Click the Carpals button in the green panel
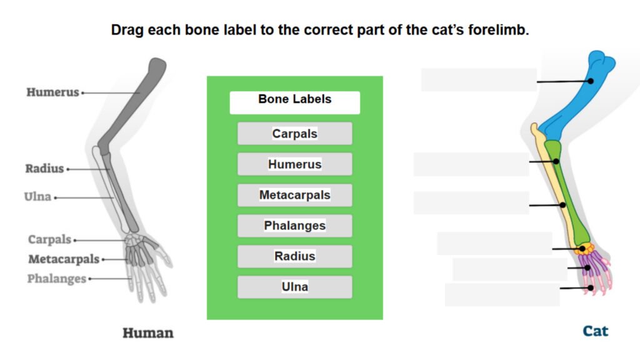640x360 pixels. (294, 134)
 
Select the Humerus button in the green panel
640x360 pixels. (294, 164)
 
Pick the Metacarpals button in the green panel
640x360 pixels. (294, 195)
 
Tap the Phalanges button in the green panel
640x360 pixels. (294, 226)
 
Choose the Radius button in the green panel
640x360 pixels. (294, 256)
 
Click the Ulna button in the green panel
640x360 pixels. (294, 287)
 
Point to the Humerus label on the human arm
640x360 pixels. (52, 92)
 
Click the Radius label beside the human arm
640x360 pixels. (44, 169)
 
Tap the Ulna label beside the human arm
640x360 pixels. (37, 197)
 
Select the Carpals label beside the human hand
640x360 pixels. (49, 240)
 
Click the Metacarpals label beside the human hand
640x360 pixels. (63, 259)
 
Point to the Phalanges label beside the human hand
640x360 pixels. (56, 279)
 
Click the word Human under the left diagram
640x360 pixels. (147, 332)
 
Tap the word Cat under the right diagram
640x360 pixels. (595, 331)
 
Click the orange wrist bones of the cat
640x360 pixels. (585, 249)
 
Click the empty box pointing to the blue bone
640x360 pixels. (478, 80)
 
